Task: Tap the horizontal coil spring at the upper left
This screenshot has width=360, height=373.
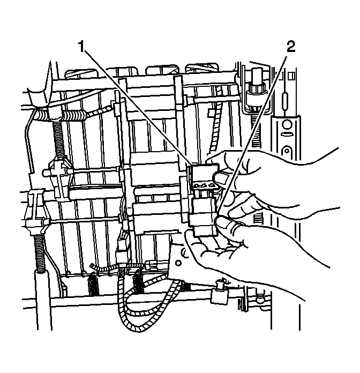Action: (72, 117)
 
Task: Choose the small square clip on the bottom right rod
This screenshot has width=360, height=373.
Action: (219, 295)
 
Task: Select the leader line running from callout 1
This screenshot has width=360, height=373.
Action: (137, 105)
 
